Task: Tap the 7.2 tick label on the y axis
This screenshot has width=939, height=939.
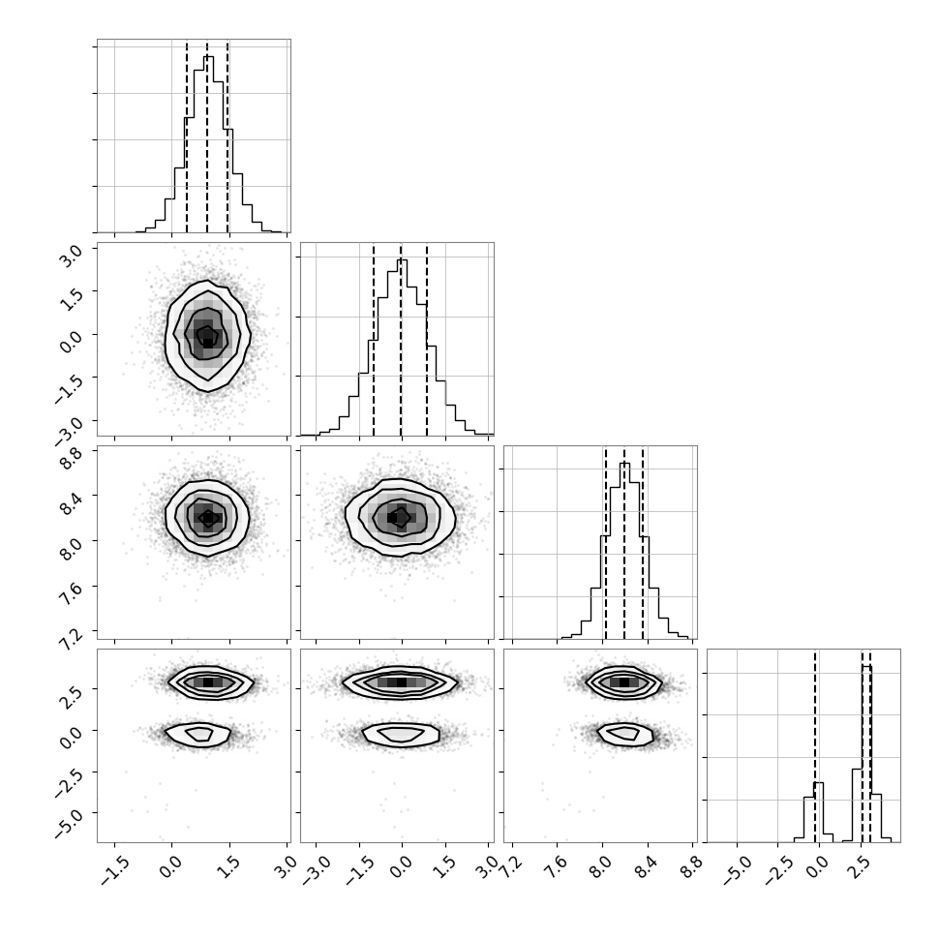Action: point(72,638)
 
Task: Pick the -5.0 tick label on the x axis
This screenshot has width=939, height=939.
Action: point(734,871)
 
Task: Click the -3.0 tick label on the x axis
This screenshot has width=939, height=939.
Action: point(314,871)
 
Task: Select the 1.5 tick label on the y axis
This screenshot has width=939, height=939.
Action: point(72,297)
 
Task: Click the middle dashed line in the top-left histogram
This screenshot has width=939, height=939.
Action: point(207,136)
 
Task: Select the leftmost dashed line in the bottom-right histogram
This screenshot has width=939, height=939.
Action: point(815,746)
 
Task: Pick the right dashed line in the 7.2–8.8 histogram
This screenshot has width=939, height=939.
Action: point(643,543)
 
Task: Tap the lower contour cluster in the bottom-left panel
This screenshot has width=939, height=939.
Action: point(197,735)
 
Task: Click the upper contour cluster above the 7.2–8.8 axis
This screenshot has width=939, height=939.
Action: point(624,682)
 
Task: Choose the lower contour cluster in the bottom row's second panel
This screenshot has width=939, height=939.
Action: point(401,735)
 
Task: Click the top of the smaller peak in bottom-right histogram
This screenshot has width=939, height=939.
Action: point(818,783)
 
